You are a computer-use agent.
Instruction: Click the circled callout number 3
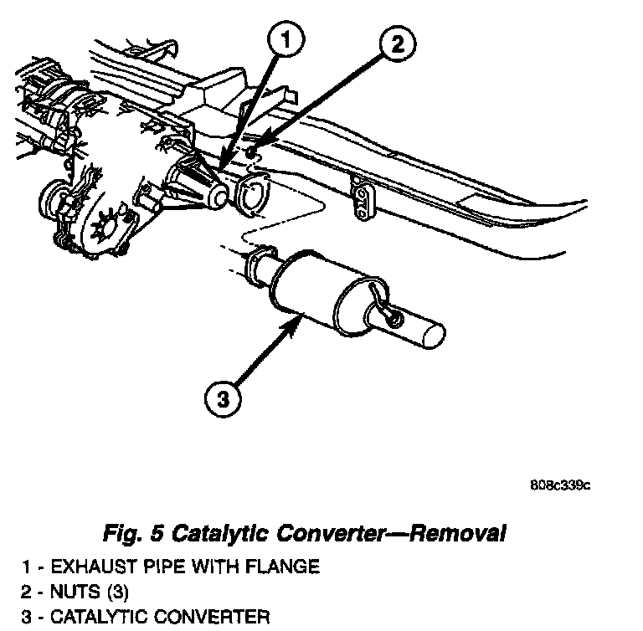pyautogui.click(x=223, y=400)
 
